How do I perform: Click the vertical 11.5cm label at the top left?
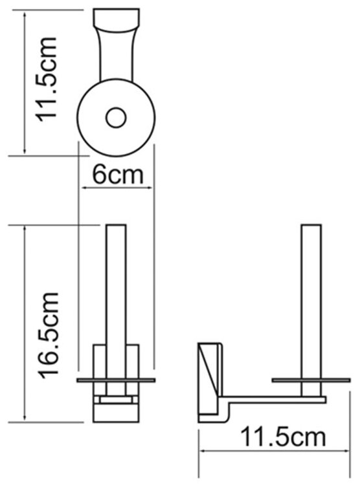tap(47, 79)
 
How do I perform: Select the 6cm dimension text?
tap(118, 175)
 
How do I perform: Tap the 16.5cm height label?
tap(48, 335)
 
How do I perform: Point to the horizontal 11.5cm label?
tap(283, 437)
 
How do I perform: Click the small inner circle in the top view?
tap(116, 118)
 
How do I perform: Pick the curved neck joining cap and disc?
tap(116, 54)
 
